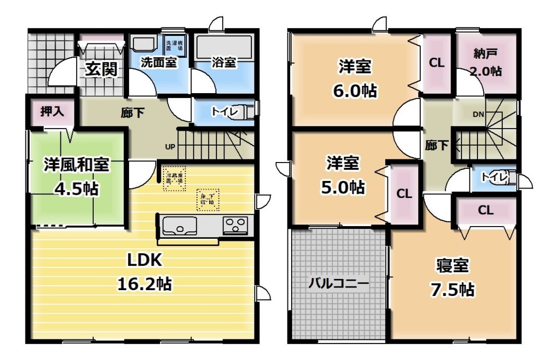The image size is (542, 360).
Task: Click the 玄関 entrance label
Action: click(x=102, y=69)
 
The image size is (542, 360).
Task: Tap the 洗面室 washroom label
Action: click(x=158, y=62)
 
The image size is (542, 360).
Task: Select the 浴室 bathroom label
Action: click(x=223, y=62)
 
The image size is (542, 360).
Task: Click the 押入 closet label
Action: click(x=52, y=112)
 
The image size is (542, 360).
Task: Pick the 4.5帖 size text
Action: click(x=76, y=188)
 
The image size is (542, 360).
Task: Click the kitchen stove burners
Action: click(x=236, y=226)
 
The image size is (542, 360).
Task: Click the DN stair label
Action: click(x=478, y=114)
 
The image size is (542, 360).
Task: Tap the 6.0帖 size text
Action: click(x=355, y=91)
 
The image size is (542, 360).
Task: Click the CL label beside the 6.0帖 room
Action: click(x=436, y=62)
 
